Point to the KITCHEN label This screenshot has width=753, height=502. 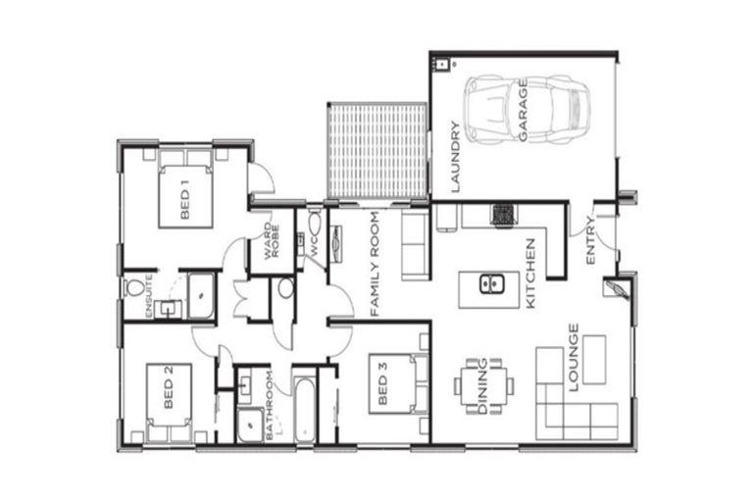pos(530,274)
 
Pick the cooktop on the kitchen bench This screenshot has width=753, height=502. pos(504,214)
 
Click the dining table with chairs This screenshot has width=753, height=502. pos(482,385)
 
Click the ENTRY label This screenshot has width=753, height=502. pos(590,239)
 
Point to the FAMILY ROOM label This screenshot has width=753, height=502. pos(374,268)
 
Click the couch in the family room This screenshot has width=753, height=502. pos(414,245)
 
